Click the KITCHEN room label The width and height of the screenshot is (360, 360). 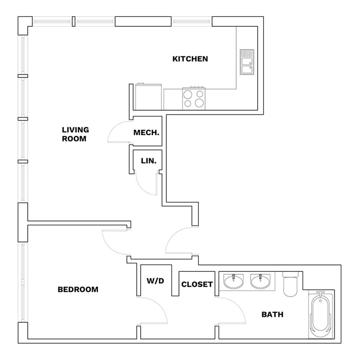190,59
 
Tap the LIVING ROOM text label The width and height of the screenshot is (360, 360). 75,134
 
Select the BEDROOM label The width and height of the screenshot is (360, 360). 78,289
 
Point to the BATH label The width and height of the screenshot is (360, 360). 272,314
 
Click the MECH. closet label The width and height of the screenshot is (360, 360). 146,132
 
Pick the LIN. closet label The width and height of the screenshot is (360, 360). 148,161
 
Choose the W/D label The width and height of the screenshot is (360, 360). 156,280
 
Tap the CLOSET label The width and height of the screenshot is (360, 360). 197,284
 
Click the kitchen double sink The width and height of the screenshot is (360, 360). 247,62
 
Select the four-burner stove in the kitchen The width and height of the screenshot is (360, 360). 194,98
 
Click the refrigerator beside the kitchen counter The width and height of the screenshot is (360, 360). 148,97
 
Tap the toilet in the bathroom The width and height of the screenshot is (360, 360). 290,284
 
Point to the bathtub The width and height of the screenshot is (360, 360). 320,314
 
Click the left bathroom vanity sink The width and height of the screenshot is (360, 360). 234,281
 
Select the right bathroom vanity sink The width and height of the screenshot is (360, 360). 260,281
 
